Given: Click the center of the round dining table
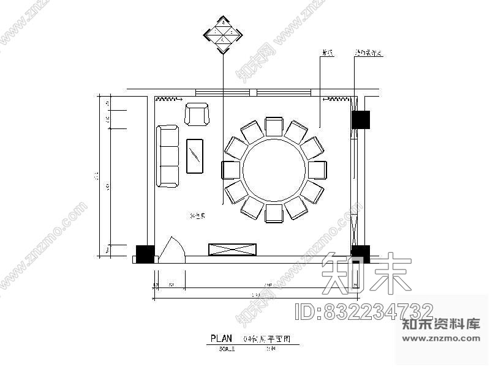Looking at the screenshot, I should coord(274,170).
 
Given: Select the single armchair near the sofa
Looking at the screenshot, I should coord(197,114).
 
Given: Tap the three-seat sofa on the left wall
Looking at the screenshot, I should coord(168,155).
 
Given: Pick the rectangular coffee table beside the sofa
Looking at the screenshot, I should coord(195,157).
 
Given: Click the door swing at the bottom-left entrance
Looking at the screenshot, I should coord(171,250).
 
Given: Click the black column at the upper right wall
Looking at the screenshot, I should coord(360,119).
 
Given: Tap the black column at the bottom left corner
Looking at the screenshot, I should coord(145,254).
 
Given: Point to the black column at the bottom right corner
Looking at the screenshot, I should coord(360,254).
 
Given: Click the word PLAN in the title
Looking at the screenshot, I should coord(222,338).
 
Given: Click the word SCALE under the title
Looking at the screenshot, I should coord(226,349).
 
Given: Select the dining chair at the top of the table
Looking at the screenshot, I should coord(274,127).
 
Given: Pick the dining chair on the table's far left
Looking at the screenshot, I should coord(231,170).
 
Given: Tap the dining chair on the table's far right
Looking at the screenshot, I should coord(317,170).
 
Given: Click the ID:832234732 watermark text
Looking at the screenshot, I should coord(364,311).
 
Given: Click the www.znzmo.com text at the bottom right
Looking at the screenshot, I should coord(441,336).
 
